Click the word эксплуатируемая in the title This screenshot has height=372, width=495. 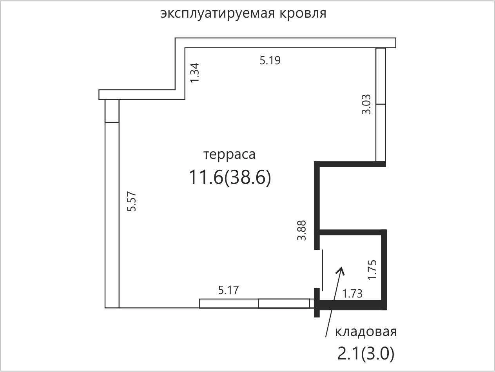(x=218, y=14)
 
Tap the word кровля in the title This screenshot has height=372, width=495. (x=303, y=14)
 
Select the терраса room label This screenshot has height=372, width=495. (x=229, y=155)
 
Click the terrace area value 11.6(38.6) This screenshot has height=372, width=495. (x=230, y=177)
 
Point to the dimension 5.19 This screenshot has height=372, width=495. (x=270, y=60)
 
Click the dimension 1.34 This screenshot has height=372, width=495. (x=195, y=73)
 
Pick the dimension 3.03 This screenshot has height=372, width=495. (x=366, y=104)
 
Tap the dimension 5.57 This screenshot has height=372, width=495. (x=131, y=201)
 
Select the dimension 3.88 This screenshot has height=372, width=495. (x=301, y=230)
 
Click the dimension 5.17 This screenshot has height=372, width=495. (x=228, y=290)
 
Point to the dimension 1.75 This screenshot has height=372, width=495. (x=372, y=270)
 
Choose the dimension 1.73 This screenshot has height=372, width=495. (x=352, y=294)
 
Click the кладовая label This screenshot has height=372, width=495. (x=366, y=332)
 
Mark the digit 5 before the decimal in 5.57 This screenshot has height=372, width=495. (x=131, y=209)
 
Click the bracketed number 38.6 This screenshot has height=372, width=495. (x=248, y=177)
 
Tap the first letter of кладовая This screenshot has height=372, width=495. (x=338, y=332)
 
